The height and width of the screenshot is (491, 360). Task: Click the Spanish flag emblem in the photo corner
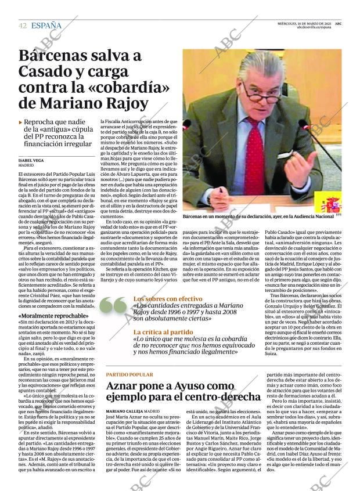(x=330, y=204)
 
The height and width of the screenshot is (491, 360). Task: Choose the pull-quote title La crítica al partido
(x=163, y=332)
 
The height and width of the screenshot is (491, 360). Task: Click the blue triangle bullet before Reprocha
(x=21, y=122)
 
